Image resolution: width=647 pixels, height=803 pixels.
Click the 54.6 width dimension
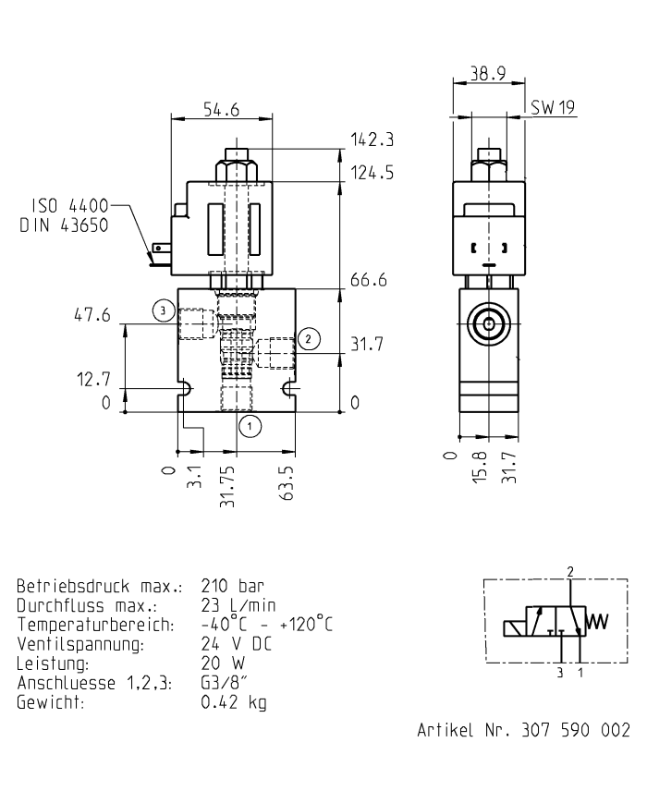coord(221,109)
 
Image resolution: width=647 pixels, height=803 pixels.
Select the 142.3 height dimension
coord(372,140)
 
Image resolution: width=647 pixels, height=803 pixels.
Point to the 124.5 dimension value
coord(372,172)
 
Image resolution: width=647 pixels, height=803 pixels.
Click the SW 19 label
coord(552,109)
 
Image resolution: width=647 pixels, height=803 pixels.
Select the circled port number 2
coord(310,338)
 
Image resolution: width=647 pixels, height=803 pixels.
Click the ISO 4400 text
coord(69,205)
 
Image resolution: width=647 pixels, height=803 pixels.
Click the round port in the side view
coord(487,323)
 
